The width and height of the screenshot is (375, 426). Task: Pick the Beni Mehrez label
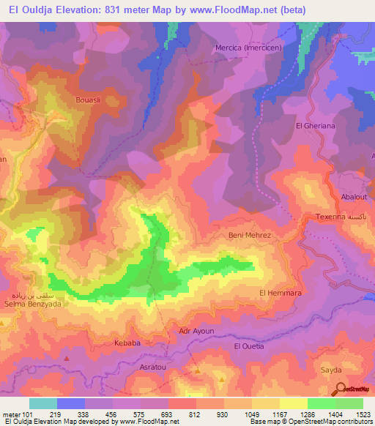click(x=250, y=235)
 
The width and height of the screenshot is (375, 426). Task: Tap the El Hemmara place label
click(x=281, y=293)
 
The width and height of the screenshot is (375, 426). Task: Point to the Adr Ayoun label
click(x=196, y=331)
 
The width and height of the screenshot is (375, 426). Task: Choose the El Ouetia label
click(x=248, y=345)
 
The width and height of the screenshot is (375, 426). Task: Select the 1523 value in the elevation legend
click(x=362, y=415)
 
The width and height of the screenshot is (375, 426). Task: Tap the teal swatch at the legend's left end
click(x=43, y=403)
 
